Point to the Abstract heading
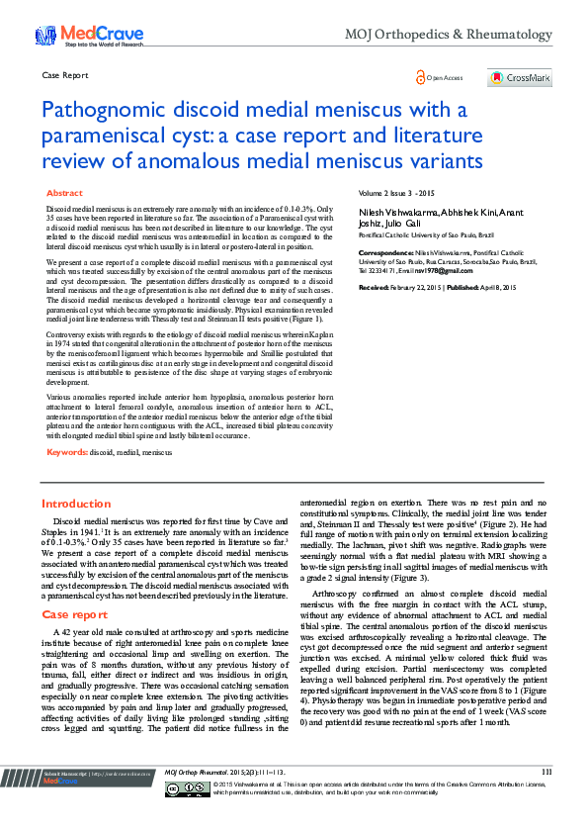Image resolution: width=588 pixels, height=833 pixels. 65,193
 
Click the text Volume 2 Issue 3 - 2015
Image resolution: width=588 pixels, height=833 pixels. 396,192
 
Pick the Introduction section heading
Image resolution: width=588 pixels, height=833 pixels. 76,504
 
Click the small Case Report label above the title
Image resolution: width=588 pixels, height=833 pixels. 66,75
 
